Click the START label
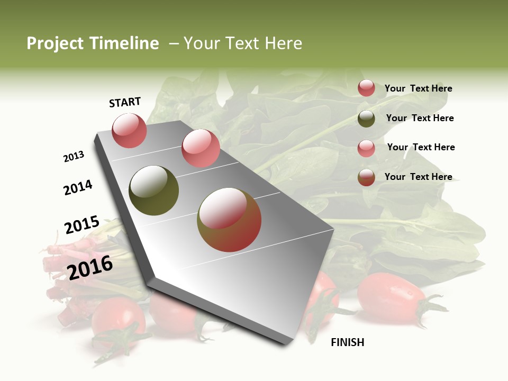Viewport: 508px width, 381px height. [x=125, y=102]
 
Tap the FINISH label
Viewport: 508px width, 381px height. [x=347, y=342]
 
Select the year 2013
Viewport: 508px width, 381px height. [x=74, y=157]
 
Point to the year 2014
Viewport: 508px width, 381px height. [x=78, y=187]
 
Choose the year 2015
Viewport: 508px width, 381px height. [x=81, y=225]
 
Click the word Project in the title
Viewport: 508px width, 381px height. [x=55, y=43]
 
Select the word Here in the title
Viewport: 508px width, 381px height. [x=283, y=43]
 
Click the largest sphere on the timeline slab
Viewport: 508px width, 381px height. [x=229, y=220]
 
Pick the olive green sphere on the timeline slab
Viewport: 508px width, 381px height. [x=153, y=190]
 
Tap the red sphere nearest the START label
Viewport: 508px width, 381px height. [x=129, y=130]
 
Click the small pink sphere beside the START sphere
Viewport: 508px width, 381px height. [x=201, y=148]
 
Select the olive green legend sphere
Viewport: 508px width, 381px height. [x=366, y=119]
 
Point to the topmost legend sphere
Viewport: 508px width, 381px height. [x=366, y=88]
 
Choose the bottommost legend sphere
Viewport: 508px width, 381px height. [x=366, y=177]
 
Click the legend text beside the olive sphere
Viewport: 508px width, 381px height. [x=420, y=118]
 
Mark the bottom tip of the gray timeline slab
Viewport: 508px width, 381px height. [x=286, y=344]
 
